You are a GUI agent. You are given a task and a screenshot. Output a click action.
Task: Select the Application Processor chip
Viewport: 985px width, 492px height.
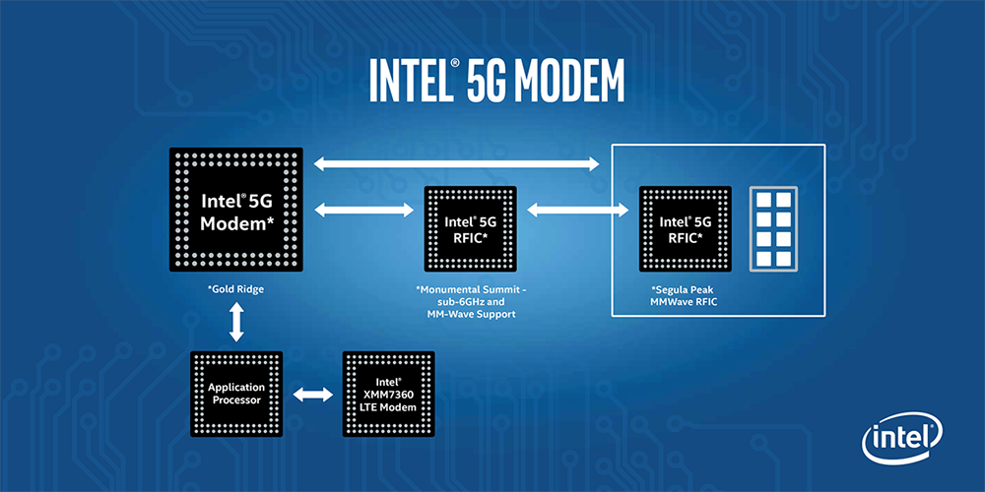pyautogui.click(x=236, y=395)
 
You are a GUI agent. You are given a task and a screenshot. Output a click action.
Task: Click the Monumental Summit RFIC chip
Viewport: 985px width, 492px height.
pyautogui.click(x=469, y=228)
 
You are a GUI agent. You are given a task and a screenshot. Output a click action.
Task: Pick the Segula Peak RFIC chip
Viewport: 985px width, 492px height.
pyautogui.click(x=684, y=228)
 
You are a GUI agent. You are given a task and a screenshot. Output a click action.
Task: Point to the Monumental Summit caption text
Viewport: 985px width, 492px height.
pyautogui.click(x=469, y=301)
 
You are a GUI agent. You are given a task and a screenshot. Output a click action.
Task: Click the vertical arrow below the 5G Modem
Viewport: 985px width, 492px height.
pyautogui.click(x=236, y=323)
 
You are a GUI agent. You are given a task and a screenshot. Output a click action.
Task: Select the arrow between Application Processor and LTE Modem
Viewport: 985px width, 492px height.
pyautogui.click(x=312, y=395)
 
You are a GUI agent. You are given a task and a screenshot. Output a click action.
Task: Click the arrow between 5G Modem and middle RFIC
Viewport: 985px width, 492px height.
pyautogui.click(x=361, y=209)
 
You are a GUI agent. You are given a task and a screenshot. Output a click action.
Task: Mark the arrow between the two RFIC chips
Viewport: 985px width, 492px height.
pyautogui.click(x=576, y=209)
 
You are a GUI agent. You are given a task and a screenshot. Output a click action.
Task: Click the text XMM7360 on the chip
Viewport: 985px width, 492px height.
pyautogui.click(x=388, y=395)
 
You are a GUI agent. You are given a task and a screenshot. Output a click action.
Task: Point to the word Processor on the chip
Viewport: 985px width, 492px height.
pyautogui.click(x=236, y=400)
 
